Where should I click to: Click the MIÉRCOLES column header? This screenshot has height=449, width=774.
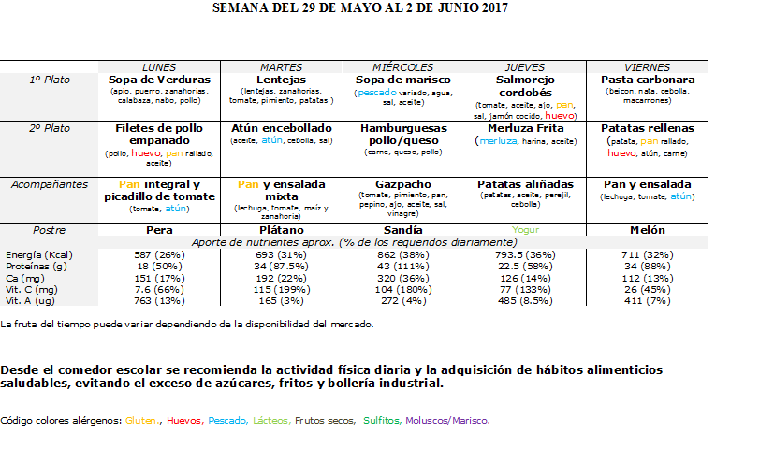(x=402, y=67)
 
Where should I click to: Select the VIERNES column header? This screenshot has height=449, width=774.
(x=647, y=67)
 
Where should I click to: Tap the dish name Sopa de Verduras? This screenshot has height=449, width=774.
(x=159, y=80)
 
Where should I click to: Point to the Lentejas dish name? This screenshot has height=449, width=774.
(x=282, y=80)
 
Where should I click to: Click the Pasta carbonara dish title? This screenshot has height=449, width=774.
(x=648, y=80)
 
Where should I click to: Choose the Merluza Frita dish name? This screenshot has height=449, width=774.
(x=526, y=128)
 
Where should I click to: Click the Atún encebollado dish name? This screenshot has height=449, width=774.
(x=282, y=128)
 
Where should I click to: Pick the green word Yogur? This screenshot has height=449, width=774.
(x=526, y=230)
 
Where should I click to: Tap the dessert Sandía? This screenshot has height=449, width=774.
(x=402, y=230)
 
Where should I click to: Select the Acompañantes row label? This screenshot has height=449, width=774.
(x=50, y=184)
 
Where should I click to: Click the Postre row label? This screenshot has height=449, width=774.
(x=50, y=230)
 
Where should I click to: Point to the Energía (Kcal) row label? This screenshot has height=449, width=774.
(x=39, y=255)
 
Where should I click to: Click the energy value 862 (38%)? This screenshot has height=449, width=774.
(x=402, y=255)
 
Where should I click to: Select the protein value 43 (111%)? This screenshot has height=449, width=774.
(x=402, y=267)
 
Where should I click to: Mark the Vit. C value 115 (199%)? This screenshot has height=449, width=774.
(x=282, y=290)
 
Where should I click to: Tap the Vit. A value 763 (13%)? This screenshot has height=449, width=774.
(x=159, y=301)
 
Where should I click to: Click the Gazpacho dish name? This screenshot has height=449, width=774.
(x=403, y=184)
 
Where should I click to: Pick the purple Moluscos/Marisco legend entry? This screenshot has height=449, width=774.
(x=447, y=421)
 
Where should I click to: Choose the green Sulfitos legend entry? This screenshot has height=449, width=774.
(x=383, y=421)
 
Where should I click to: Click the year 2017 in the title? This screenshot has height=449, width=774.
(x=494, y=7)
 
